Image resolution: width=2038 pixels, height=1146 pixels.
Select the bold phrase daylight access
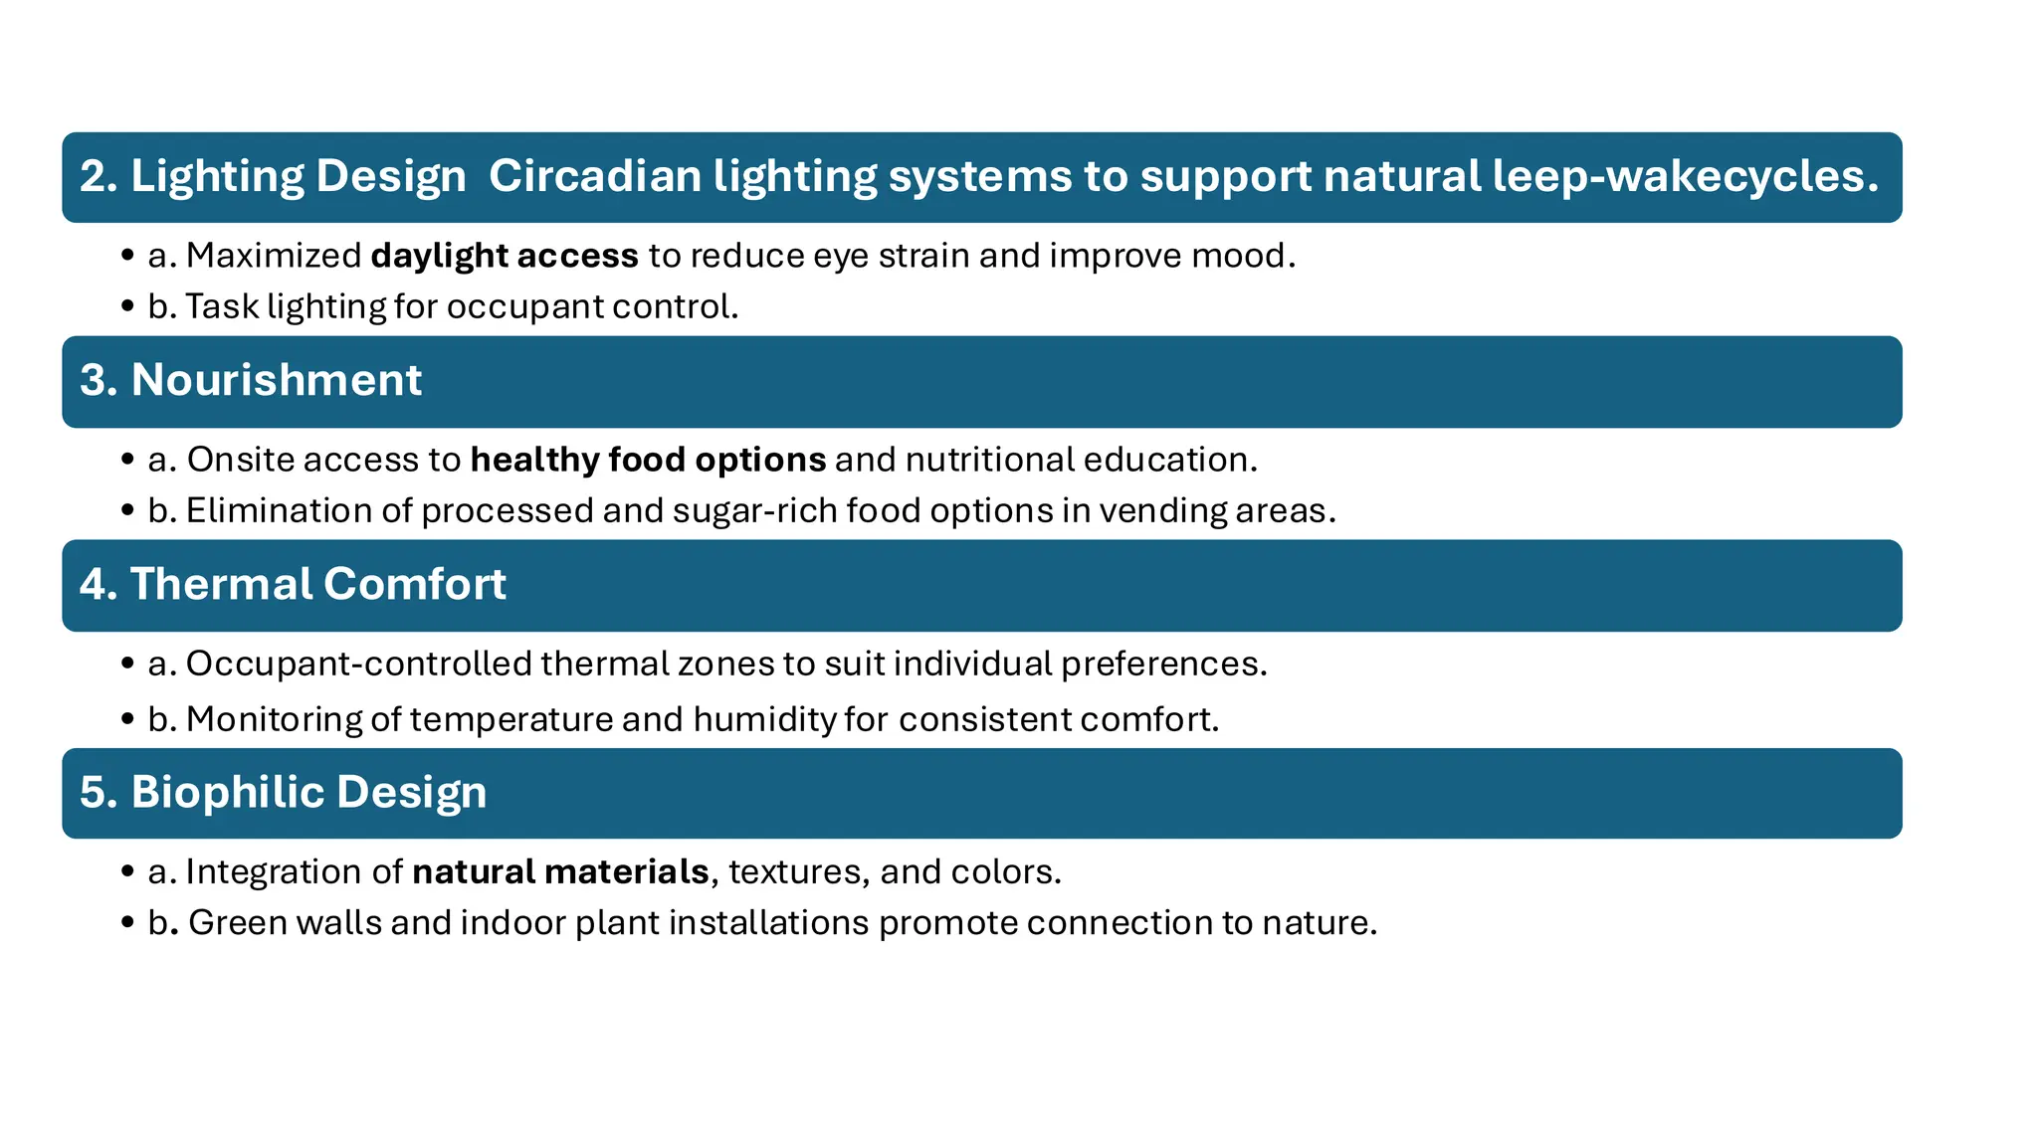pyautogui.click(x=505, y=256)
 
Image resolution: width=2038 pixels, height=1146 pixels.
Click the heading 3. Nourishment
pyautogui.click(x=251, y=380)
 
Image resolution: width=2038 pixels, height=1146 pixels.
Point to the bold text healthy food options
pyautogui.click(x=648, y=460)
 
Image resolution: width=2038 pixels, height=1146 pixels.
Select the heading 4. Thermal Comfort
pyautogui.click(x=293, y=584)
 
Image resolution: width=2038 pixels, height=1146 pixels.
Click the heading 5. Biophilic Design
pyautogui.click(x=284, y=793)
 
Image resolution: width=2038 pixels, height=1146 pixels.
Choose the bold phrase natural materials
pyautogui.click(x=560, y=871)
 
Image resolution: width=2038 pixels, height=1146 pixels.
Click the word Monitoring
pyautogui.click(x=274, y=719)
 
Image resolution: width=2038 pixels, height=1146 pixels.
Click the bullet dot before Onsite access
pyautogui.click(x=127, y=461)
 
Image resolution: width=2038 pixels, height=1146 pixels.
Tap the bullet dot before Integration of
pyautogui.click(x=127, y=872)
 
